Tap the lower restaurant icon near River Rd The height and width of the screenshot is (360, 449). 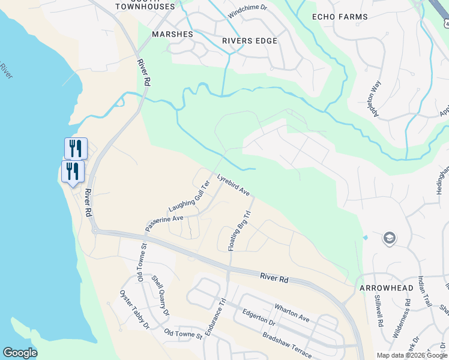click(x=73, y=171)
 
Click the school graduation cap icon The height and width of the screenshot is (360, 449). click(x=389, y=238)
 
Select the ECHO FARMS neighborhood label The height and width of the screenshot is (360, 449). click(x=340, y=17)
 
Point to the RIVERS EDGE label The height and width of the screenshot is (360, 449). click(x=250, y=41)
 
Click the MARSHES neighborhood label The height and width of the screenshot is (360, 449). click(x=172, y=34)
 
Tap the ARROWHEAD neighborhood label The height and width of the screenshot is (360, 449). click(x=387, y=288)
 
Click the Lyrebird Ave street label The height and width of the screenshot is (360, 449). click(x=234, y=185)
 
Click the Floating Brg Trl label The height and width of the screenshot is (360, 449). click(x=238, y=230)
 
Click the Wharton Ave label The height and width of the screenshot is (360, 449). click(x=292, y=312)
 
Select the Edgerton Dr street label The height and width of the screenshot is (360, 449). click(x=258, y=318)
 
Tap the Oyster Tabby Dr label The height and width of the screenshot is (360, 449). click(x=134, y=310)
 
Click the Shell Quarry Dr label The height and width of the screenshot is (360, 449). click(x=160, y=296)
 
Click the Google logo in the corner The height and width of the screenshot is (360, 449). click(x=20, y=353)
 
